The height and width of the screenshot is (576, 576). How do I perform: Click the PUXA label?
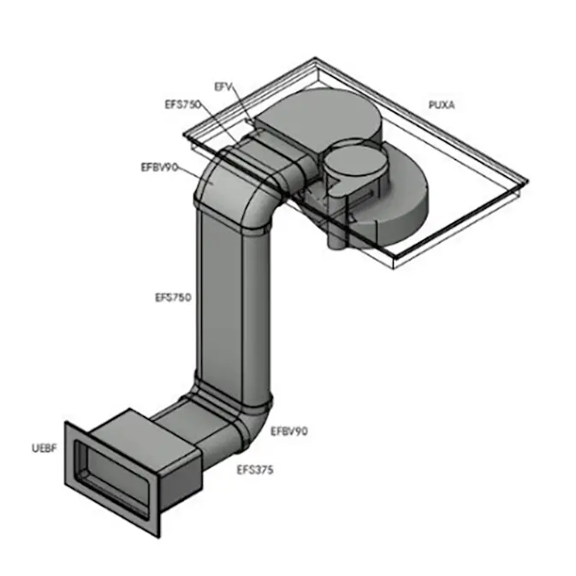pyautogui.click(x=442, y=105)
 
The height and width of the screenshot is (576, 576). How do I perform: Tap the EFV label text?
pyautogui.click(x=223, y=86)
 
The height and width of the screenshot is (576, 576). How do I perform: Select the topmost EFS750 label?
pyautogui.click(x=181, y=104)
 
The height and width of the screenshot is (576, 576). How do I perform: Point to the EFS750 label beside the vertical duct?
pyautogui.click(x=172, y=298)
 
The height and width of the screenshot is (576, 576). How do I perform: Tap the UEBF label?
pyautogui.click(x=42, y=447)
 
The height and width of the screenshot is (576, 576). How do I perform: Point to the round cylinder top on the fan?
pyautogui.click(x=348, y=163)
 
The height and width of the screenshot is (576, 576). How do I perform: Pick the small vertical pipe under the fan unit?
pyautogui.click(x=336, y=240)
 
